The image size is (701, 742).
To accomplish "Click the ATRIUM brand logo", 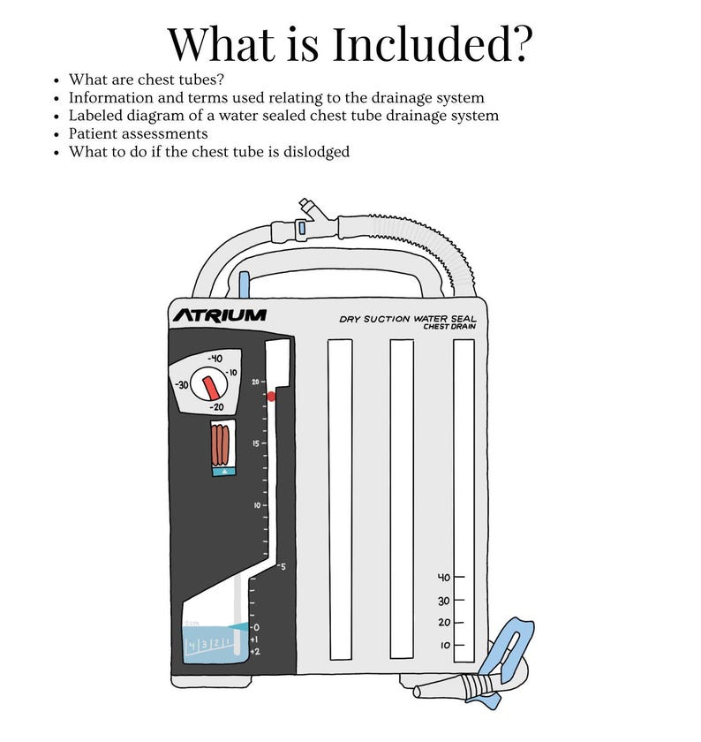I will [x=218, y=315].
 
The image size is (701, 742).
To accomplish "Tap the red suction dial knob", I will [x=212, y=387].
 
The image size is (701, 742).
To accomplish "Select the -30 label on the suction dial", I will [x=183, y=386].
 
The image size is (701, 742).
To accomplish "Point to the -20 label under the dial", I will [x=216, y=407].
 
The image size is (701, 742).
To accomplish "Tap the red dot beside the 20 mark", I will [x=271, y=397].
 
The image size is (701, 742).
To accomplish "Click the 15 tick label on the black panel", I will [x=255, y=443].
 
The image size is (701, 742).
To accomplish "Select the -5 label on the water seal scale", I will [x=282, y=566].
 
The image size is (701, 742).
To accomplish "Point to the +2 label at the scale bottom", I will [x=254, y=651].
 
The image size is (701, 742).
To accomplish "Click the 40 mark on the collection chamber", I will [x=445, y=578].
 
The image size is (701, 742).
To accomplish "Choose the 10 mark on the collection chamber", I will [x=446, y=646].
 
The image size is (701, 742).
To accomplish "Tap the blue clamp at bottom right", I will [x=510, y=658].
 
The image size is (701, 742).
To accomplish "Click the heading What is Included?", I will [x=350, y=42].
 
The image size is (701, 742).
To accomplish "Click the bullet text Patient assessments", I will [x=138, y=133].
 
